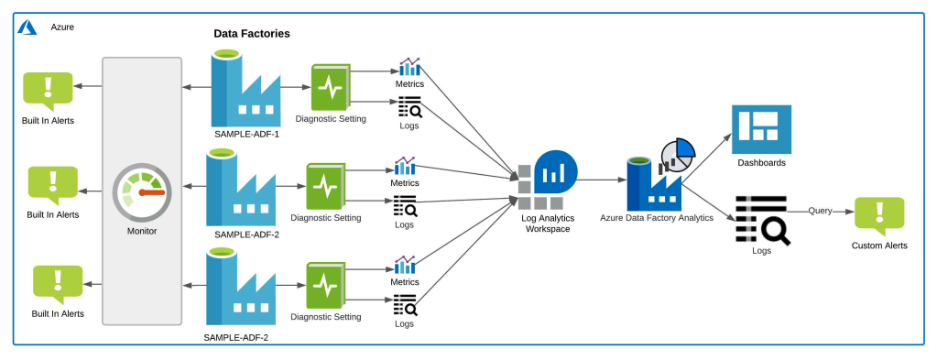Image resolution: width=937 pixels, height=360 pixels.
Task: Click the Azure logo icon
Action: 27,27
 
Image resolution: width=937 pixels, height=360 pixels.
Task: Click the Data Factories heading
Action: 252,34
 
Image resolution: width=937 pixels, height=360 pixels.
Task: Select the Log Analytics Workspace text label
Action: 548,223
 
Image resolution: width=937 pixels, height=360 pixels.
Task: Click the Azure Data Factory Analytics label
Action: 657,218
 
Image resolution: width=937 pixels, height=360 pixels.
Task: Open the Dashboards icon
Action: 761,129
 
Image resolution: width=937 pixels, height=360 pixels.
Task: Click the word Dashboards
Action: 761,163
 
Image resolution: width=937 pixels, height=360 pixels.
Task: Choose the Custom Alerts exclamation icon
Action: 878,216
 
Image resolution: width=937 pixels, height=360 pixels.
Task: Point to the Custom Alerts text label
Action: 879,245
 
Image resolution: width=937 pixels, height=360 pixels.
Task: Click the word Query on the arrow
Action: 820,211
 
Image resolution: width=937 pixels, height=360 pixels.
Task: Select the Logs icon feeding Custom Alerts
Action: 762,220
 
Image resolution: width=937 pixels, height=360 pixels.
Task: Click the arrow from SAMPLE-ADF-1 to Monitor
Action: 195,88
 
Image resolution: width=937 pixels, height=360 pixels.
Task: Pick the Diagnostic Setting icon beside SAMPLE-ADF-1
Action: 331,88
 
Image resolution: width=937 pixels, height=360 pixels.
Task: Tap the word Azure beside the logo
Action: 62,27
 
